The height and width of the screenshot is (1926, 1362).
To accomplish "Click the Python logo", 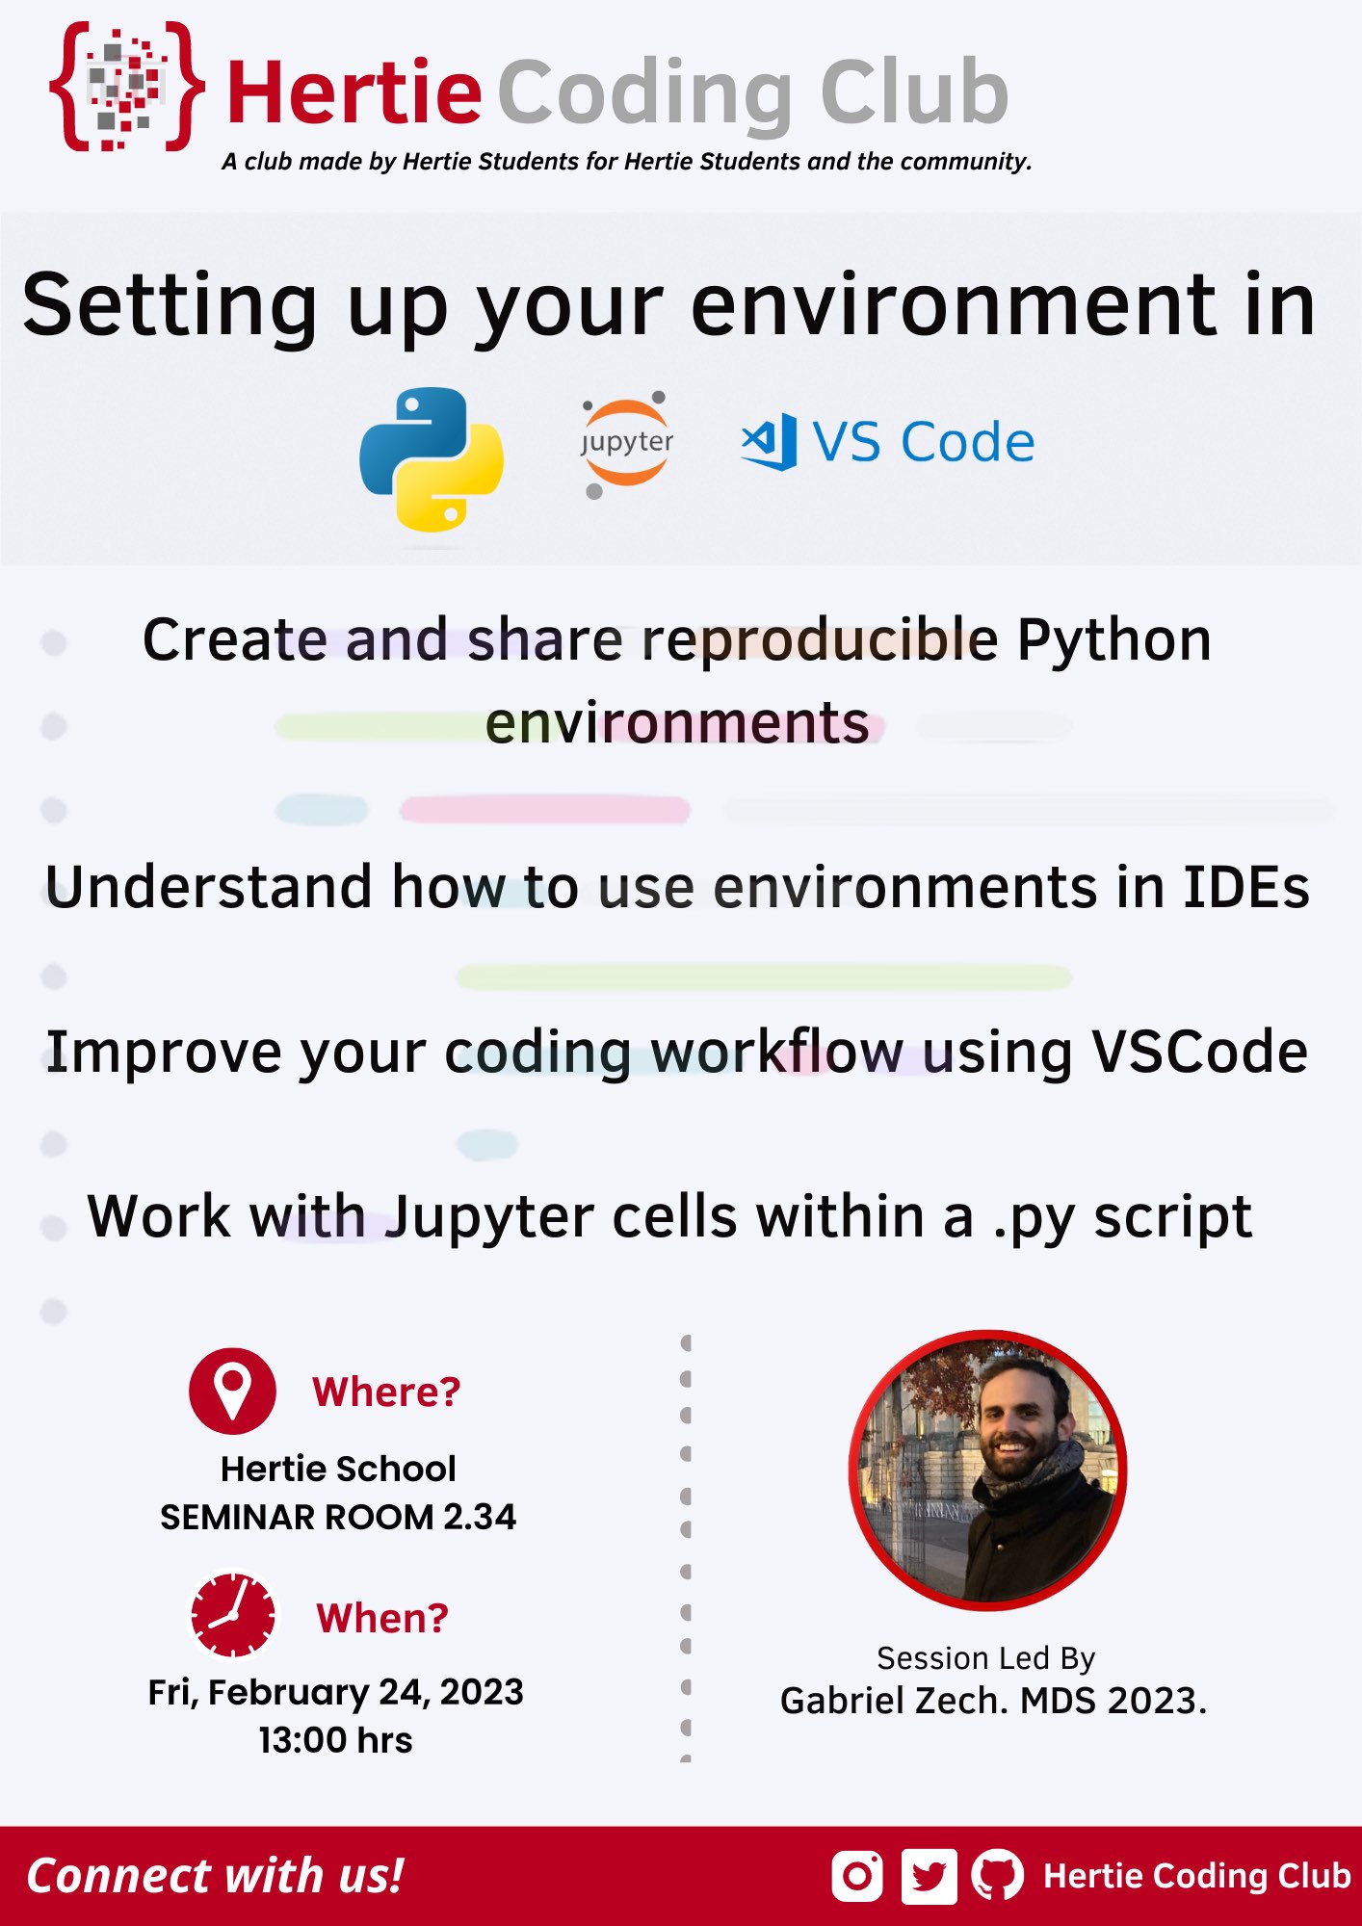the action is (432, 459).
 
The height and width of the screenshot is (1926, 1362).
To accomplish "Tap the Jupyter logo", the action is (626, 444).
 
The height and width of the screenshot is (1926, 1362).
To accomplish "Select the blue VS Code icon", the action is (769, 442).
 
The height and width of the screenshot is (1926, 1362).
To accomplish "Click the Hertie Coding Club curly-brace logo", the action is (126, 88).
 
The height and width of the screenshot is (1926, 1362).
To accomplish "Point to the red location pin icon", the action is (232, 1391).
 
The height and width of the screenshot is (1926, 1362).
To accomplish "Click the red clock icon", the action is (232, 1616).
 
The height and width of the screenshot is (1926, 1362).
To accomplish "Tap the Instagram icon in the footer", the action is (856, 1876).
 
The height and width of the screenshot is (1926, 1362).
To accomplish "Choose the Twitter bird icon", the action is (929, 1876).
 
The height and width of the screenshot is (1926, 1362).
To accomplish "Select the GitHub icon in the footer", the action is (997, 1876).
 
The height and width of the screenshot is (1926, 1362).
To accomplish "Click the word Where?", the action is (386, 1392).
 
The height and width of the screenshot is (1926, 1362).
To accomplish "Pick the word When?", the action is (382, 1619).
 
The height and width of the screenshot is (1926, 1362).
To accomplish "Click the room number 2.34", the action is (480, 1517).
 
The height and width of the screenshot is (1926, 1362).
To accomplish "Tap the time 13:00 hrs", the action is (335, 1740).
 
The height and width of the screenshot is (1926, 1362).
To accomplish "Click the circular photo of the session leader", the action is (987, 1471).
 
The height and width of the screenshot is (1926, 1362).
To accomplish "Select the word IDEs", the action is (1246, 887).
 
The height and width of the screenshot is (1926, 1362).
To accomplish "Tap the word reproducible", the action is (820, 640).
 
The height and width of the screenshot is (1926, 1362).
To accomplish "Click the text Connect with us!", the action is (215, 1876).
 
